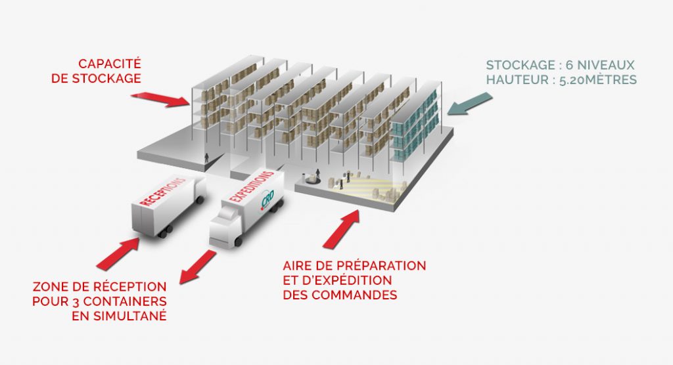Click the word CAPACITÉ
pyautogui.click(x=110, y=64)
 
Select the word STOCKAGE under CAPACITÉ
pyautogui.click(x=116, y=78)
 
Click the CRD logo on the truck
pyautogui.click(x=267, y=202)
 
